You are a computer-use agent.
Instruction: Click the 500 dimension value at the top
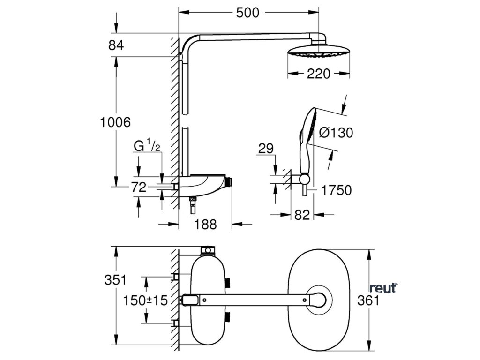click(247, 13)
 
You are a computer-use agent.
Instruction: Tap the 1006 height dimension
click(115, 123)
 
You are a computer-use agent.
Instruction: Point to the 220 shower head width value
click(319, 74)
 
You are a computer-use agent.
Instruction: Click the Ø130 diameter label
click(336, 133)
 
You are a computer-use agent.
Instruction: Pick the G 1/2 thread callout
click(147, 146)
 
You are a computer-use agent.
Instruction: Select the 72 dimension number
click(139, 187)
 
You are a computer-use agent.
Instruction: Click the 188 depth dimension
click(205, 225)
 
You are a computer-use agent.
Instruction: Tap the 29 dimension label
click(265, 150)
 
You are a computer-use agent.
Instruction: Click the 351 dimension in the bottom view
click(116, 280)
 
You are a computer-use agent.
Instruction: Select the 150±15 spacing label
click(145, 300)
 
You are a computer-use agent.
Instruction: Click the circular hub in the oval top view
click(319, 299)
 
